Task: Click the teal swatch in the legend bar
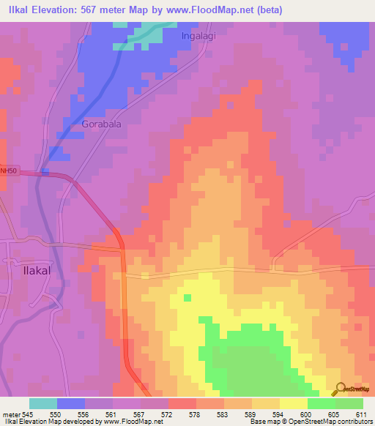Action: point(43,403)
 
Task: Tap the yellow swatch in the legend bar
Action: point(293,403)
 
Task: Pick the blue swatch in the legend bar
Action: point(71,403)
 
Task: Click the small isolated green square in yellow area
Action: point(187,297)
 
